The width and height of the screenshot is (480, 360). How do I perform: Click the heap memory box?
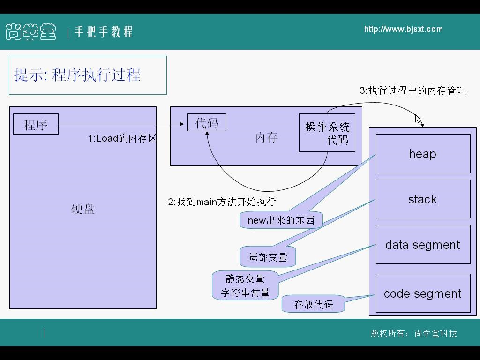423,154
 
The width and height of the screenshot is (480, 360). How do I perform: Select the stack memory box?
423,199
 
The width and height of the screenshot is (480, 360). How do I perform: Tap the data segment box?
423,245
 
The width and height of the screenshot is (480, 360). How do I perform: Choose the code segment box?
423,293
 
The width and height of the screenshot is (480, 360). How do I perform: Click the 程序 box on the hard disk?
36,124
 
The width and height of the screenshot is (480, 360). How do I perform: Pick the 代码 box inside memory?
207,123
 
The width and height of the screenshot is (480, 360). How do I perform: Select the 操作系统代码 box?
327,133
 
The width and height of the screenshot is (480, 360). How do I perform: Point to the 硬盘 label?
83,209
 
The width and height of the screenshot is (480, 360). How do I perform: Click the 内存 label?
267,137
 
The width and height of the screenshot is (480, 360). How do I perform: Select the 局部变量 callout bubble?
268,257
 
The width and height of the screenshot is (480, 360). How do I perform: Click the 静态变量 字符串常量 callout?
245,285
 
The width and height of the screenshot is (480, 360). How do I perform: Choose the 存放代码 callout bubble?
313,304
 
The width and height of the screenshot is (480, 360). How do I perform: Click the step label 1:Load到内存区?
122,138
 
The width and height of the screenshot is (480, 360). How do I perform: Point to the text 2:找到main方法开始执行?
222,202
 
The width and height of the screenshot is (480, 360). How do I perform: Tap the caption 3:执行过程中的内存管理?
412,90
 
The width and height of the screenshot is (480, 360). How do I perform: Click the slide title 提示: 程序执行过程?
78,75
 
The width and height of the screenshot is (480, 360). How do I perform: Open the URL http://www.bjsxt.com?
403,29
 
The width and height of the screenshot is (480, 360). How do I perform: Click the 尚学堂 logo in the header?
31,32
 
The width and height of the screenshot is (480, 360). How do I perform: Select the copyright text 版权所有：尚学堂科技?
413,333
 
